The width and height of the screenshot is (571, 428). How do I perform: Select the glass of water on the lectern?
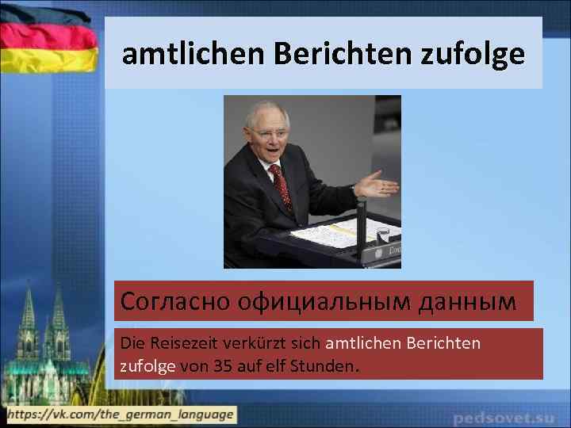click(x=382, y=235)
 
